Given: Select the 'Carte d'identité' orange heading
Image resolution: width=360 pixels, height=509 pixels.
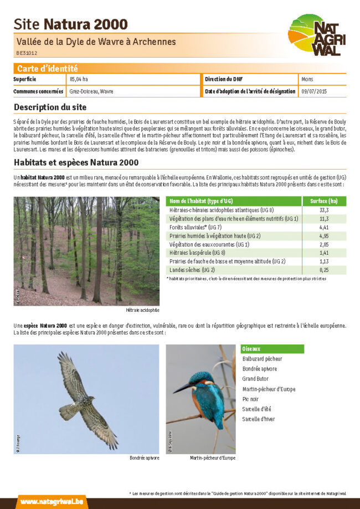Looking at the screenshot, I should (48, 69).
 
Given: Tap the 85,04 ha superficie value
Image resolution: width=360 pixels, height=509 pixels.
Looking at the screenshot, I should (79, 80).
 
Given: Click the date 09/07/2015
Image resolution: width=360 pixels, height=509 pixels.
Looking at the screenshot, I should (314, 91).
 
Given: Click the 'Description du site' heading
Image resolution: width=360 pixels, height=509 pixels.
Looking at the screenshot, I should (50, 107).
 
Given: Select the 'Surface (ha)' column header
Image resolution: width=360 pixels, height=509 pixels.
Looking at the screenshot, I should (324, 201).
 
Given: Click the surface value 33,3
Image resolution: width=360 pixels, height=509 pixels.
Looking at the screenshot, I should (324, 210).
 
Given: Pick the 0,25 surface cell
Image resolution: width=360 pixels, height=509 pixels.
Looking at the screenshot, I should (324, 270).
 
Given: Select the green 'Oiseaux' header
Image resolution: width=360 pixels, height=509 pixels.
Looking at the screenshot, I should (251, 349).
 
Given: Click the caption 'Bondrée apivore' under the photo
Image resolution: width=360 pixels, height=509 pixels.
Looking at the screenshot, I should (144, 458).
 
